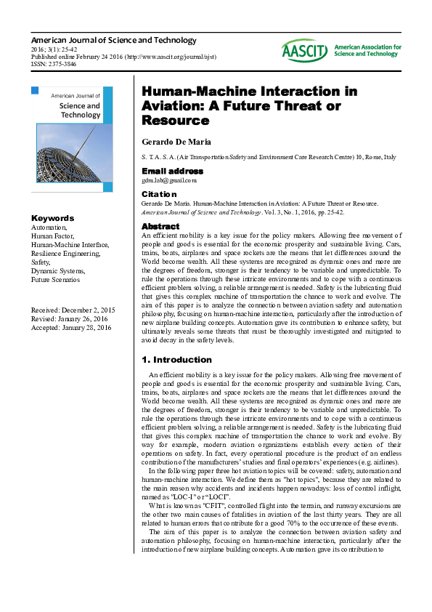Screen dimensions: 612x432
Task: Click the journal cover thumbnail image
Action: (x=72, y=139)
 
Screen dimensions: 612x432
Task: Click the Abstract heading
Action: (x=160, y=227)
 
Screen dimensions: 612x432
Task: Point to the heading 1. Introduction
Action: (x=176, y=360)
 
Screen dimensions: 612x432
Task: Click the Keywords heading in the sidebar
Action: (x=52, y=218)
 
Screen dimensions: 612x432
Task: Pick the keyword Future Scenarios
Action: (x=55, y=279)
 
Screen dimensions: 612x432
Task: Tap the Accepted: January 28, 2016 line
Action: (x=70, y=328)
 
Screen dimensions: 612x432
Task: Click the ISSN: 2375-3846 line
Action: (x=54, y=64)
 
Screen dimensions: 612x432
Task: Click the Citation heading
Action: (x=158, y=194)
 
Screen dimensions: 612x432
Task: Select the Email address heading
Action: (x=171, y=171)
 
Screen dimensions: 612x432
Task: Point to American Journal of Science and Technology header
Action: (x=113, y=40)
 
